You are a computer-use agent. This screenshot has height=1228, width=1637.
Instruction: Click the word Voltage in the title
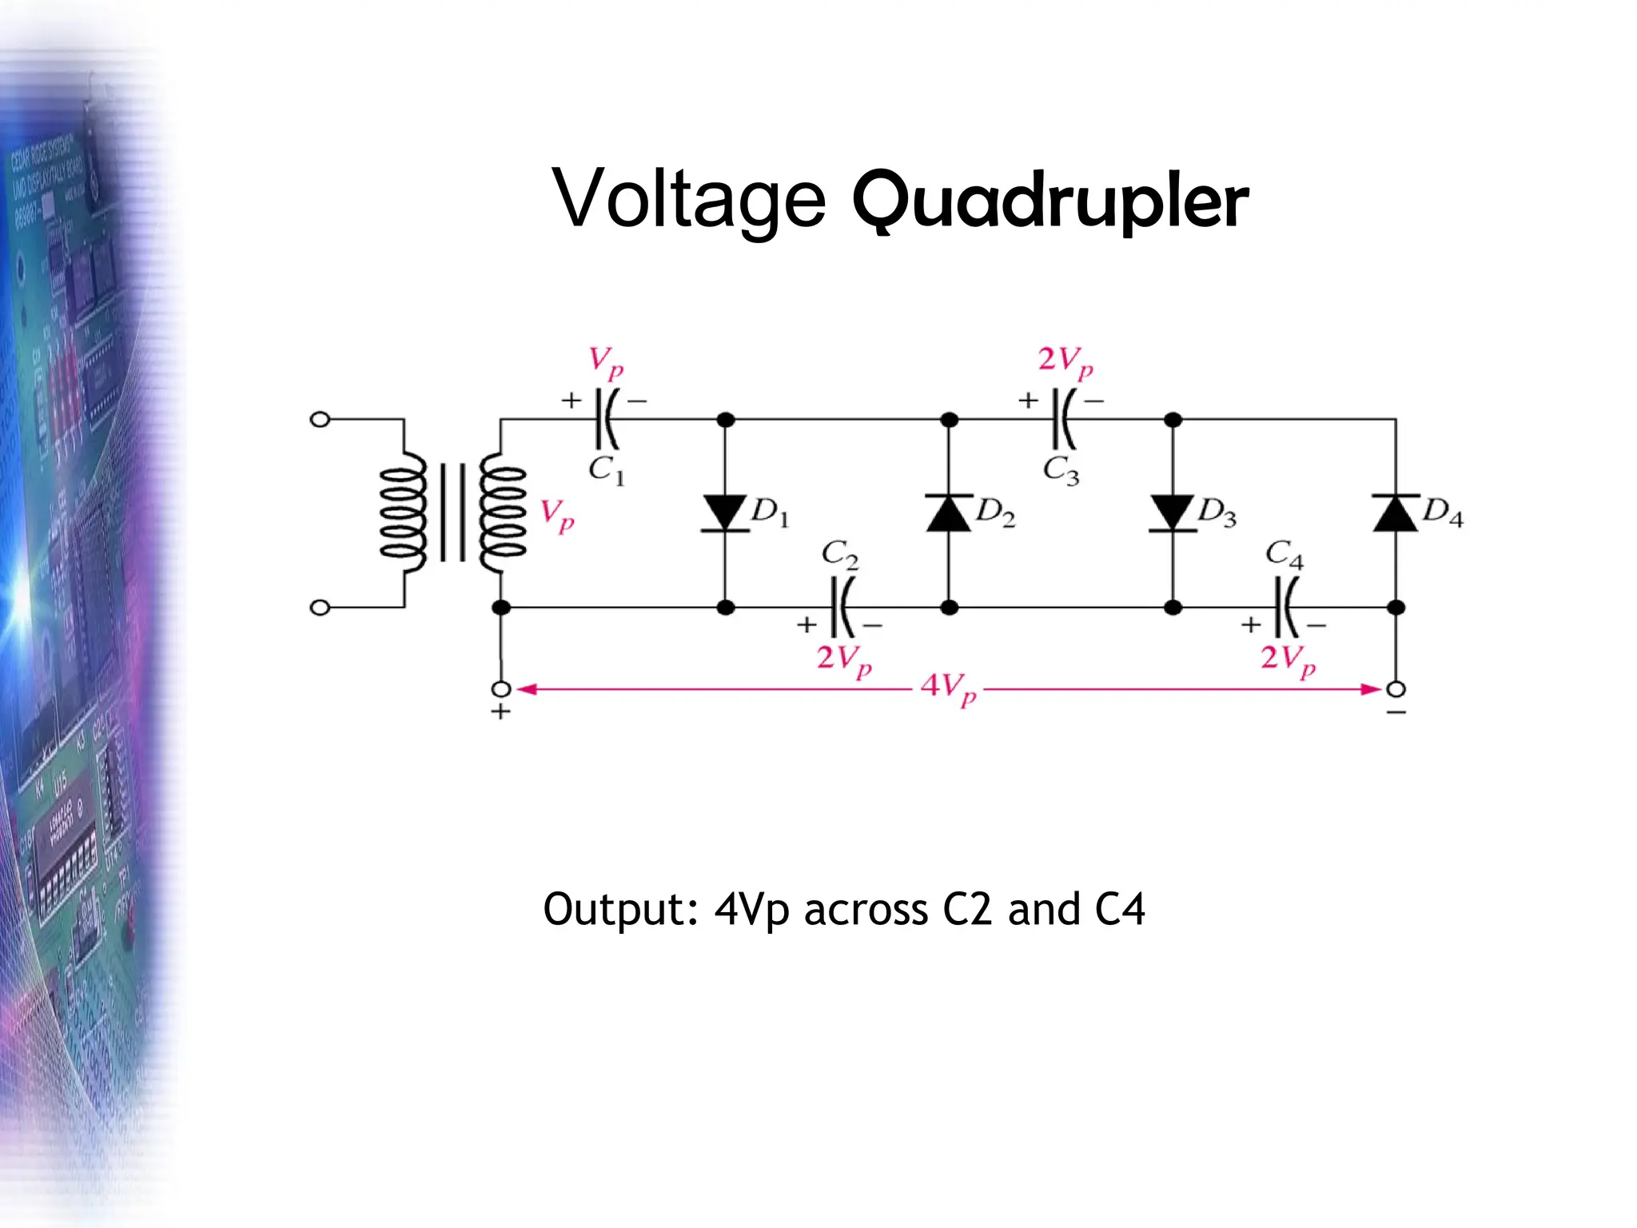(689, 200)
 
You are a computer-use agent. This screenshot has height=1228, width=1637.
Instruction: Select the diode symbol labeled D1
(725, 512)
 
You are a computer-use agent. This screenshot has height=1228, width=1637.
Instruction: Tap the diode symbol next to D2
(949, 512)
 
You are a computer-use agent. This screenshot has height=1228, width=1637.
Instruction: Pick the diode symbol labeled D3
(1173, 512)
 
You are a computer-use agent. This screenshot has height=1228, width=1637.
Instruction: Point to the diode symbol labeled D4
(1396, 512)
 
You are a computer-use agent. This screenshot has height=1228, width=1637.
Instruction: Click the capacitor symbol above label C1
(607, 419)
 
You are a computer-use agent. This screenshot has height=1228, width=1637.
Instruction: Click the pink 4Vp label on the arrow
(948, 689)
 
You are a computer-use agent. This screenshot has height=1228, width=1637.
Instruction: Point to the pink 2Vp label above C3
(1065, 361)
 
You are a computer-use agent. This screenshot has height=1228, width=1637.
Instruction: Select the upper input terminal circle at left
(320, 419)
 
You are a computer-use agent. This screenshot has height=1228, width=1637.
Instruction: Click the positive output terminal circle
(501, 689)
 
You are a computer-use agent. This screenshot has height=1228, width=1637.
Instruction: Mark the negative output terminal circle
(1396, 689)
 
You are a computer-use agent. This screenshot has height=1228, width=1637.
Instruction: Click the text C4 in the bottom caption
(1119, 910)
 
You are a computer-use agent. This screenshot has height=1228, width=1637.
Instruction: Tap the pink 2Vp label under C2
(843, 660)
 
